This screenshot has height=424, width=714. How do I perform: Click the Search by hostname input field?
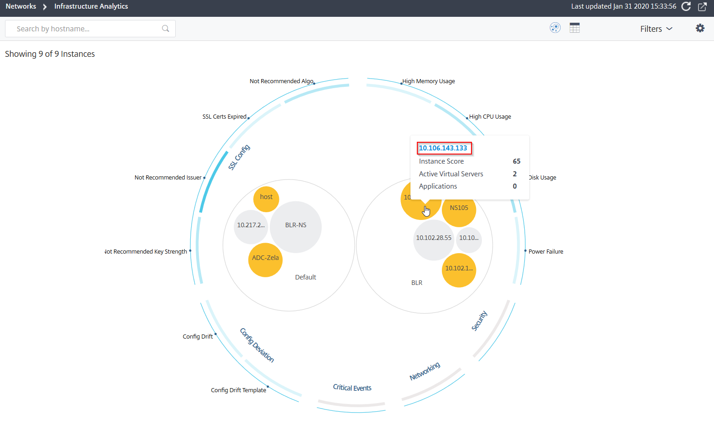pos(90,29)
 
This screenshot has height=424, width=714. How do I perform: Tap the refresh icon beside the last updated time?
pos(686,6)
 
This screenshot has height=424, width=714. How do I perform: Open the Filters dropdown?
pos(656,29)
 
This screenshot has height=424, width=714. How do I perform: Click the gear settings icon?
pos(700,28)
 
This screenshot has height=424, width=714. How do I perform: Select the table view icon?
pos(574,28)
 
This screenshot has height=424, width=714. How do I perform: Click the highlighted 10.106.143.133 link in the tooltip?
pos(443,148)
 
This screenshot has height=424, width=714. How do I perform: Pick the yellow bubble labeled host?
pos(266,199)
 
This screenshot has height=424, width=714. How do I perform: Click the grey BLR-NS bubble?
pos(296,227)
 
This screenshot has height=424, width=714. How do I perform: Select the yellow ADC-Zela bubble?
pos(265,260)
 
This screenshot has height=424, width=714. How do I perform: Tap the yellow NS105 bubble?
pos(459,210)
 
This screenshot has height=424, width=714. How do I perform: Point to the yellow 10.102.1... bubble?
pos(459,270)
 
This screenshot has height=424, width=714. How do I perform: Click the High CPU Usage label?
pos(490,116)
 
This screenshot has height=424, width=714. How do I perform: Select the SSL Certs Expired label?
pos(224,116)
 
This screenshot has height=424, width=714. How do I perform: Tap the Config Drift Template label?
pos(238,390)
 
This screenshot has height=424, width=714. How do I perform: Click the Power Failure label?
pos(546,251)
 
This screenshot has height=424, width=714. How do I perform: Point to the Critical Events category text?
pos(352,387)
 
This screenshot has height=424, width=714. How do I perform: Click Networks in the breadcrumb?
pos(21,6)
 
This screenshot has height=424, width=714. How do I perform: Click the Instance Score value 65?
pos(517,161)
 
